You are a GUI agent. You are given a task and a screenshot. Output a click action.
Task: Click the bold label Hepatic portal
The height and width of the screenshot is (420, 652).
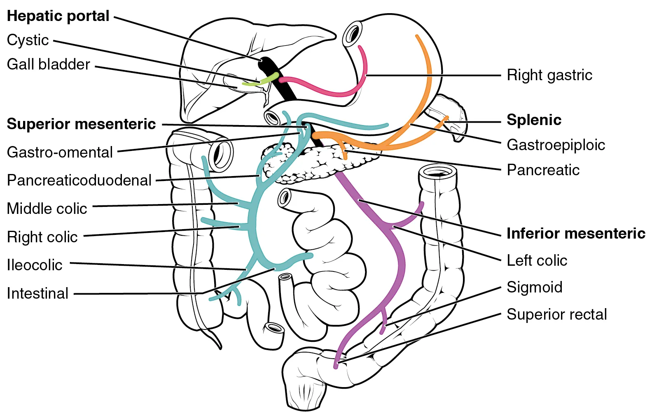[58, 16]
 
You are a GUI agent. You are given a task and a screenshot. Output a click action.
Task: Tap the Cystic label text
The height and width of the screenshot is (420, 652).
[28, 40]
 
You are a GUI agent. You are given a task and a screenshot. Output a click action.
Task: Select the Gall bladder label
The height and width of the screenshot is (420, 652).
[48, 65]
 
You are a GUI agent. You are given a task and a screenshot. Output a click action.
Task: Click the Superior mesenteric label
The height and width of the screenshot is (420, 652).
[81, 124]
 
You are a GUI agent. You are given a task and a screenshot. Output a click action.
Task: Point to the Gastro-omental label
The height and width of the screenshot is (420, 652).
[60, 152]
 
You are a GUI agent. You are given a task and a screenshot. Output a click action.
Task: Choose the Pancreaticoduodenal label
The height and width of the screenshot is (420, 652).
[79, 180]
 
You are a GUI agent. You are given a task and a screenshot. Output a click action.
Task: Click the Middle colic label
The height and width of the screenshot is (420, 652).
[47, 209]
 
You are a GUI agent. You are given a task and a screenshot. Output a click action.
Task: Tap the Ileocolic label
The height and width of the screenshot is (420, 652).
[35, 265]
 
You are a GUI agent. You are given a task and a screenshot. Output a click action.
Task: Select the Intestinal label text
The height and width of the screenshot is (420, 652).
[37, 293]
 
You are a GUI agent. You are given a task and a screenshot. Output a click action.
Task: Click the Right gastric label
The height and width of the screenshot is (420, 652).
[549, 75]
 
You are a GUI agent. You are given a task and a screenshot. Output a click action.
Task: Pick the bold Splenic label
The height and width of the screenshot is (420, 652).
[534, 120]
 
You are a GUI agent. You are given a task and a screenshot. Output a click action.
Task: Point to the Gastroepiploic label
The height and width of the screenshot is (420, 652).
[556, 145]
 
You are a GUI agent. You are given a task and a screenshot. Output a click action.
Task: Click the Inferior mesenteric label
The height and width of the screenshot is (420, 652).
[575, 233]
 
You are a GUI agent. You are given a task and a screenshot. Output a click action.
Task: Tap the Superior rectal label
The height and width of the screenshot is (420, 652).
[556, 314]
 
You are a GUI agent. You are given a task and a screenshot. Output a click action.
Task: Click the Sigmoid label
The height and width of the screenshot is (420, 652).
[534, 287]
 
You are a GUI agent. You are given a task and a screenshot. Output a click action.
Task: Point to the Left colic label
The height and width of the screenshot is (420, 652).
[537, 260]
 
